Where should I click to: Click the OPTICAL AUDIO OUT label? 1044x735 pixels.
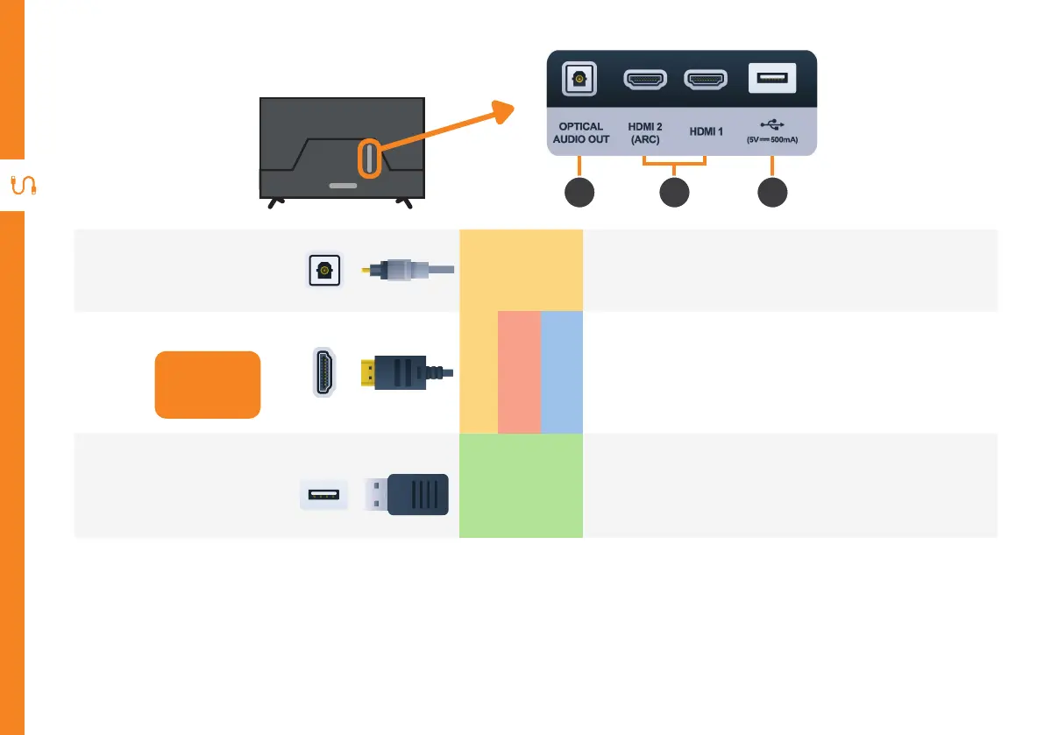[580, 132]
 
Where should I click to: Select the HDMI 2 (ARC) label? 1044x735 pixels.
[644, 132]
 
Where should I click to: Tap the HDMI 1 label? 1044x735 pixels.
[707, 132]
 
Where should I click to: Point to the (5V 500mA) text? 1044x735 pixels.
[771, 139]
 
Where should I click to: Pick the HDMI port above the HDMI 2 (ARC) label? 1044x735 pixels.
[644, 80]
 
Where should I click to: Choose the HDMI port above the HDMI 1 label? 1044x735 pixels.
[707, 80]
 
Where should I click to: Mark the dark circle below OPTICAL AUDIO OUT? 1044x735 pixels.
[579, 193]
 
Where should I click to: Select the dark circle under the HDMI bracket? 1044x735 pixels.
[673, 193]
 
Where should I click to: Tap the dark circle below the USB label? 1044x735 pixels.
[771, 193]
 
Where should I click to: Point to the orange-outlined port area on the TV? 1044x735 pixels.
[369, 159]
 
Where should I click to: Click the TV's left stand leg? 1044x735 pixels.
[274, 202]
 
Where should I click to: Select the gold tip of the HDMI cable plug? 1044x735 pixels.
[367, 373]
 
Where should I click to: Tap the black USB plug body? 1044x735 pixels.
[417, 495]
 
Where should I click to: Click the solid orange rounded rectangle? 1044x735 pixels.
[208, 385]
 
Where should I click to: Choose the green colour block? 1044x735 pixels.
[521, 486]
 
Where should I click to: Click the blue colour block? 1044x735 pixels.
[561, 371]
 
